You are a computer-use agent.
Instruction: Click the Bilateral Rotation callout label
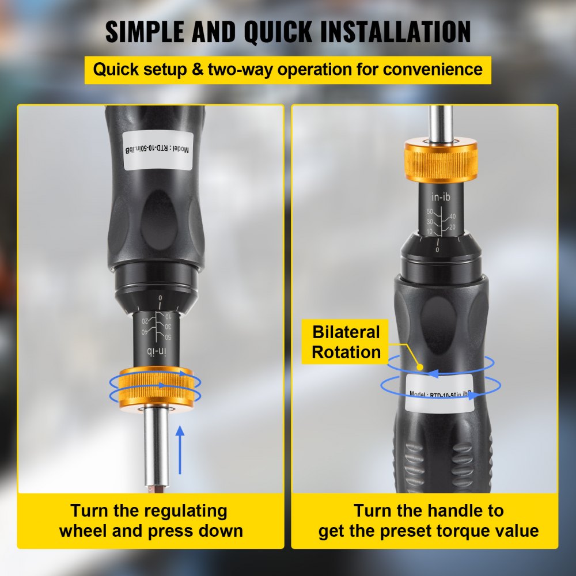[x=346, y=342]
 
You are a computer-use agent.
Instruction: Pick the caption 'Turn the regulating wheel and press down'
[x=151, y=520]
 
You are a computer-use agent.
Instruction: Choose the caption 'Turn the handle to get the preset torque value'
[x=429, y=520]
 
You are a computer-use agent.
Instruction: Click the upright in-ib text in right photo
[x=441, y=198]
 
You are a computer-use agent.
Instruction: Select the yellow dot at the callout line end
[x=421, y=366]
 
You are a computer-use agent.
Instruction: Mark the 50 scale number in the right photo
[x=429, y=212]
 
